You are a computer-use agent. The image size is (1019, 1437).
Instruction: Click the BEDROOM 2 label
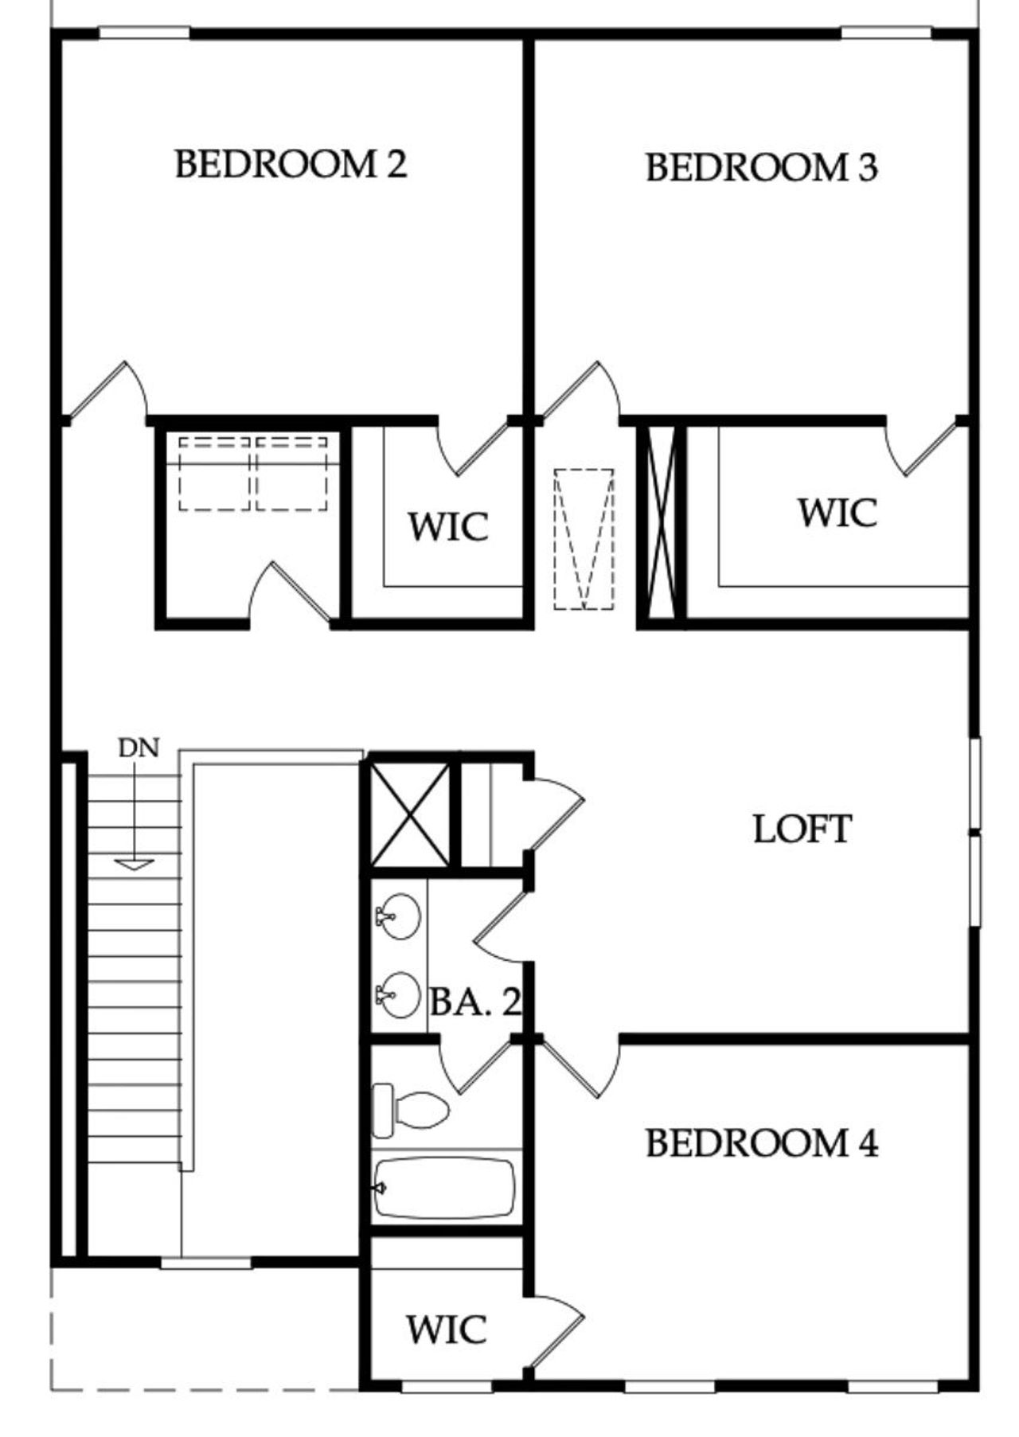coord(291,164)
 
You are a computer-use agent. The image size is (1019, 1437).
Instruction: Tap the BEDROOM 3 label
coord(761,167)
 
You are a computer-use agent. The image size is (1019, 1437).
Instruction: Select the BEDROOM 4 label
coord(761,1143)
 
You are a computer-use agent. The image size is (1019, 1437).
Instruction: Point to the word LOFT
coord(802,829)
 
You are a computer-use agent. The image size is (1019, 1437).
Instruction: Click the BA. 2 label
coord(475,1002)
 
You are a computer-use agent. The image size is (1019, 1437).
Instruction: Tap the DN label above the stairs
coord(139,748)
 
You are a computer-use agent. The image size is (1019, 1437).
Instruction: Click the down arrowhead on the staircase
coord(135,864)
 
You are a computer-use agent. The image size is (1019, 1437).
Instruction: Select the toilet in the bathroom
coord(410,1109)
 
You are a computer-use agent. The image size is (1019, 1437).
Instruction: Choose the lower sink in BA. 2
coord(399,994)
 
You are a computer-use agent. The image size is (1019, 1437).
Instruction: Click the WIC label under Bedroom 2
coord(448,527)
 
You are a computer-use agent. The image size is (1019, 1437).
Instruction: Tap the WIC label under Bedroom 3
coord(837,512)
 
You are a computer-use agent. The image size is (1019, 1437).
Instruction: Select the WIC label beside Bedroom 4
coord(446,1330)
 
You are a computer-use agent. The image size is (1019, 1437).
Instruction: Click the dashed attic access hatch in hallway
coord(584,539)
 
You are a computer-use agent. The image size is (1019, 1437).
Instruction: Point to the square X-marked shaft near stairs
coord(411,814)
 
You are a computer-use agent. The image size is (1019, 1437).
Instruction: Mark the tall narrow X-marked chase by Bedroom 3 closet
coord(662,522)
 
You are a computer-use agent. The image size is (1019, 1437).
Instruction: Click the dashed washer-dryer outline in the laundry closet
coord(253,474)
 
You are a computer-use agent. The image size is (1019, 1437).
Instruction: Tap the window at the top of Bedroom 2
coord(144,33)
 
